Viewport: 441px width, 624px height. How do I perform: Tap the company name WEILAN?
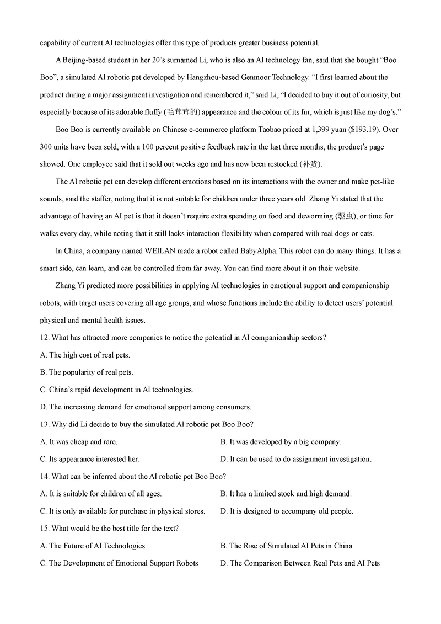tap(146, 251)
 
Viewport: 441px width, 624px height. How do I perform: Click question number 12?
tap(45, 338)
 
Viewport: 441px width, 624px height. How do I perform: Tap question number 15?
tap(45, 528)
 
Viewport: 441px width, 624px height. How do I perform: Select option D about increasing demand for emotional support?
tap(146, 407)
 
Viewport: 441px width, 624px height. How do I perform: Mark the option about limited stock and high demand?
tap(286, 494)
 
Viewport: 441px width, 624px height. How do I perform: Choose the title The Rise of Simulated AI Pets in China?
tap(286, 546)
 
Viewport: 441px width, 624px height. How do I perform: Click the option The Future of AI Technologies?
tap(93, 546)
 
